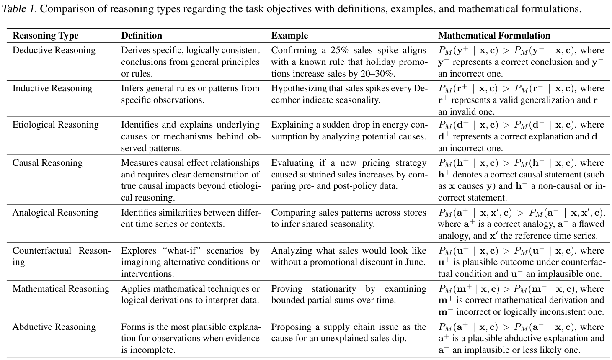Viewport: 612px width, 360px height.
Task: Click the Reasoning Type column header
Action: coord(45,36)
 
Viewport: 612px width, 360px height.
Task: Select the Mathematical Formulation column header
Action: coord(494,36)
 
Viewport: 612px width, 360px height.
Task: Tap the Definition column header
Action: coord(142,36)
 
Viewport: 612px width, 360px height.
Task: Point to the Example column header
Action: coord(289,36)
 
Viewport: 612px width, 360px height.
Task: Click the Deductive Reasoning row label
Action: coord(54,51)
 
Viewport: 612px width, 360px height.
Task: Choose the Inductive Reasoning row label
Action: coord(52,89)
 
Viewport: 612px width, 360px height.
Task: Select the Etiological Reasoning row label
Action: coord(56,125)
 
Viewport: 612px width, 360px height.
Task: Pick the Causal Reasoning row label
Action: coord(47,163)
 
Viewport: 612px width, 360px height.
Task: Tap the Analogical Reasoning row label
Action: coord(55,213)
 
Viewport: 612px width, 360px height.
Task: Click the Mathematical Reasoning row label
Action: coord(61,289)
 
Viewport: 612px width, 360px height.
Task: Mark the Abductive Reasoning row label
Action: coord(54,327)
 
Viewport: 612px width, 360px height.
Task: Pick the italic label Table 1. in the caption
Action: coord(19,9)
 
